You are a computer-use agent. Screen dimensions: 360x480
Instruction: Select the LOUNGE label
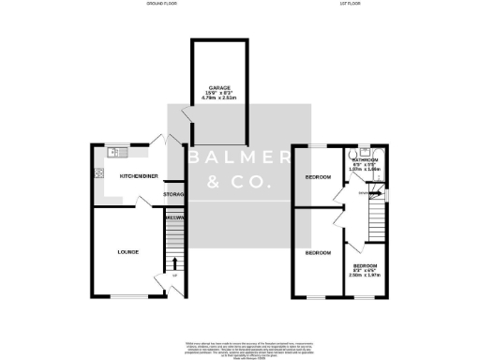click(x=127, y=251)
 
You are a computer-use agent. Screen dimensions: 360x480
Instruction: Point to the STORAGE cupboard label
click(x=174, y=194)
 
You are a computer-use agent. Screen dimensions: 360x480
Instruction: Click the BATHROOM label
click(x=365, y=160)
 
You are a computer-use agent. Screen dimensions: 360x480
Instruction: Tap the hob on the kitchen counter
click(x=98, y=172)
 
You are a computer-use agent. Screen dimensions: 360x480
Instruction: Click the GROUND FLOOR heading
click(x=162, y=6)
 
